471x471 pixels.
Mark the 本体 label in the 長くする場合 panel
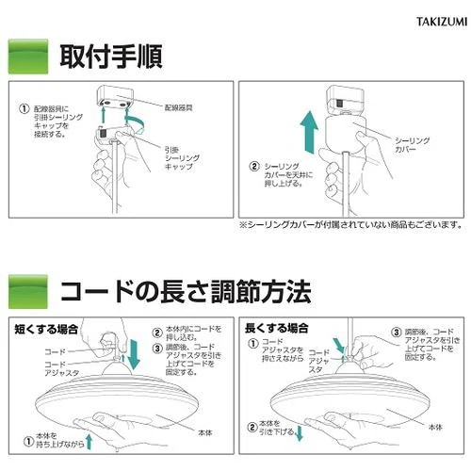coord(433,427)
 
